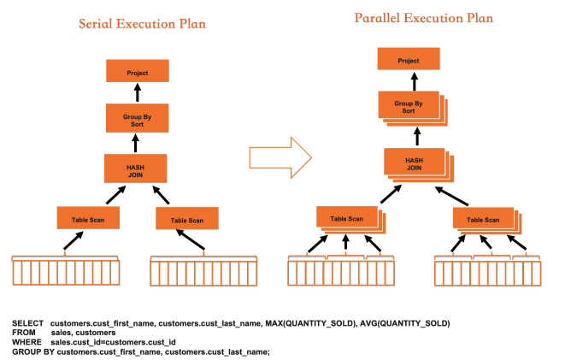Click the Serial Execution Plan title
tap(142, 24)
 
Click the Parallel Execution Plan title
tap(422, 18)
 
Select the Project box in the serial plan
tap(137, 74)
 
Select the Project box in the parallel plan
tap(409, 60)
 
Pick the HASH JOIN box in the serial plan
tap(136, 168)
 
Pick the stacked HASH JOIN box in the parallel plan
tap(414, 162)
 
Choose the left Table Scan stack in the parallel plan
tap(346, 217)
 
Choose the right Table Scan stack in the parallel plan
tap(484, 219)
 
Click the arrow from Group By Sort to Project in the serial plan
tap(137, 95)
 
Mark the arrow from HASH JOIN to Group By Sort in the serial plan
tap(137, 143)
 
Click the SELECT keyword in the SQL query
tap(26, 323)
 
